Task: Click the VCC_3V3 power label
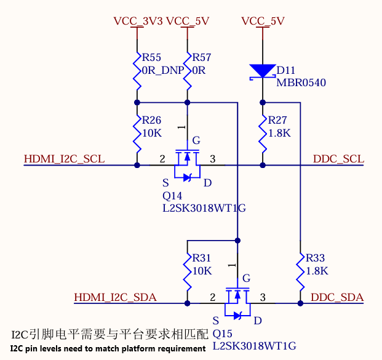[x=138, y=21]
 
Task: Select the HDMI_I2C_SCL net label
[x=64, y=159]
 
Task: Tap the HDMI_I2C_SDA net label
[x=115, y=298]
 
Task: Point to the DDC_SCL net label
[x=338, y=159]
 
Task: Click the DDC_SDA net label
[x=337, y=298]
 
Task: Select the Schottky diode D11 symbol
[x=263, y=71]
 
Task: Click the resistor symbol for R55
[x=136, y=69]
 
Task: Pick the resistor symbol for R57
[x=187, y=69]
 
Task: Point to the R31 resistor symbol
[x=187, y=270]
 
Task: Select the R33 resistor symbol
[x=300, y=270]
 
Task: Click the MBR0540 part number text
[x=301, y=83]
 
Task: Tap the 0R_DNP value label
[x=163, y=70]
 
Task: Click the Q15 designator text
[x=223, y=334]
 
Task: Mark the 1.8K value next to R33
[x=316, y=271]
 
